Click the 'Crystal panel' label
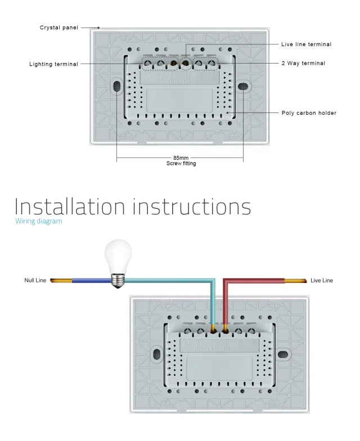pyautogui.click(x=59, y=28)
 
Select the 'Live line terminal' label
pyautogui.click(x=306, y=44)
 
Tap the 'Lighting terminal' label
pyautogui.click(x=53, y=64)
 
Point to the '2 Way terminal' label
pyautogui.click(x=303, y=64)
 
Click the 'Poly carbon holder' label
pyautogui.click(x=309, y=113)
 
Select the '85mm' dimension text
pyautogui.click(x=181, y=159)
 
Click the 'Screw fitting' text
pyautogui.click(x=181, y=164)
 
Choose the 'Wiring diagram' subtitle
pyautogui.click(x=39, y=221)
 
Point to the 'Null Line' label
pyautogui.click(x=35, y=280)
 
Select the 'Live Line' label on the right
pyautogui.click(x=322, y=280)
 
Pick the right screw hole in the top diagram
pyautogui.click(x=242, y=87)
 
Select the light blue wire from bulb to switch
pyautogui.click(x=169, y=280)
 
